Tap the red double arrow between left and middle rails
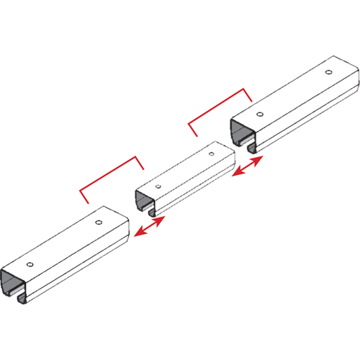(x=150, y=226)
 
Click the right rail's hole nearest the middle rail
(x=259, y=113)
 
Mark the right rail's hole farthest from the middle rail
(x=328, y=73)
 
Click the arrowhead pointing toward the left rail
(x=138, y=233)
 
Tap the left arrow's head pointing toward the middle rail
(x=161, y=220)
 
